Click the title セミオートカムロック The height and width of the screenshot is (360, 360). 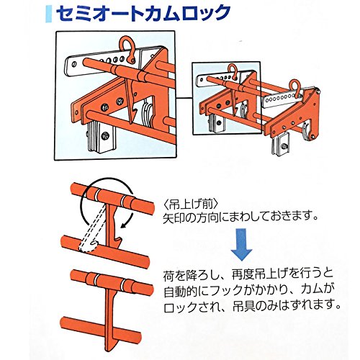pos(143,14)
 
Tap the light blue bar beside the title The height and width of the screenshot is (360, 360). pos(48,14)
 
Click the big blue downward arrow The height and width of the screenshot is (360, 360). pos(241,245)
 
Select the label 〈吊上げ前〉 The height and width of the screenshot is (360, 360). pos(191,204)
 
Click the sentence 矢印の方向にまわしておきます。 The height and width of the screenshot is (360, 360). pos(240,218)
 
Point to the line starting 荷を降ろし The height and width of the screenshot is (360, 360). pos(248,275)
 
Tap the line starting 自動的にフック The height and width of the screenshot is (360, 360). pos(246,290)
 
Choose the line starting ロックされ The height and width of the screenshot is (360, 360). pos(252,305)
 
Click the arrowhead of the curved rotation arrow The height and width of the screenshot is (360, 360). pos(125,225)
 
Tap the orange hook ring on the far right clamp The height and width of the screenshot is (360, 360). pos(295,87)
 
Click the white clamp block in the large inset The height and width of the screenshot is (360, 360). pos(102,136)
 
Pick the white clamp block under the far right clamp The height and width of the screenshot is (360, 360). pos(281,145)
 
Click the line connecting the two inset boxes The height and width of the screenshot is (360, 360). pos(184,98)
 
